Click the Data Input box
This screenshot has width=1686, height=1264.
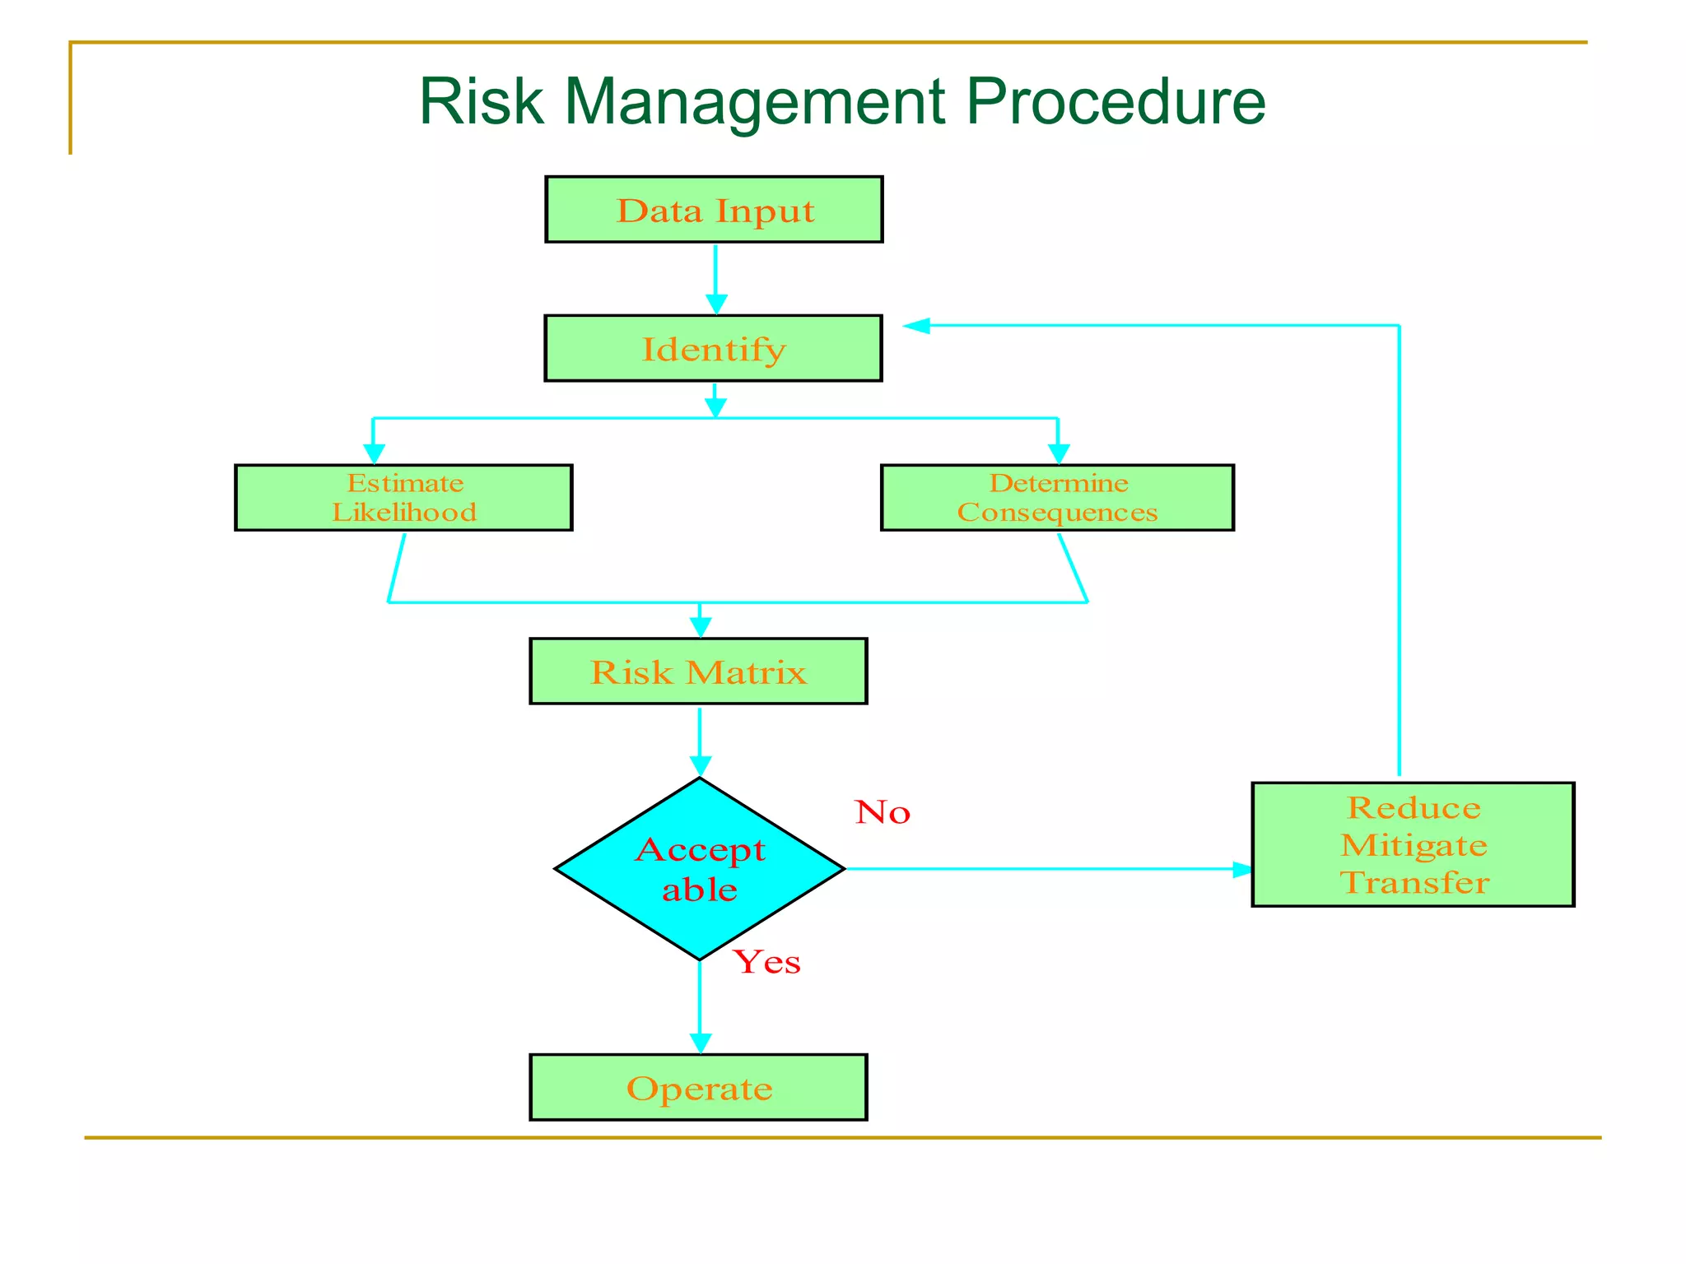point(714,209)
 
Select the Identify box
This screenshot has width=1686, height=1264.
point(713,348)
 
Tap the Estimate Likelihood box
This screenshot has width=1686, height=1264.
point(403,497)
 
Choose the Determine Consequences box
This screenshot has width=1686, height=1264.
point(1057,497)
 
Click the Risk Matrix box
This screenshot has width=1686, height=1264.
point(698,671)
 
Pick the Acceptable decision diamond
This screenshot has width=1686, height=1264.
point(700,868)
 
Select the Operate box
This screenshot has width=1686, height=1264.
point(698,1087)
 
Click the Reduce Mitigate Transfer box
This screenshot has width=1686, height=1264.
point(1413,844)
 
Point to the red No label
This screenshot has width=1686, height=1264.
point(883,812)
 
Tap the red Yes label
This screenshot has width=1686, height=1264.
point(767,962)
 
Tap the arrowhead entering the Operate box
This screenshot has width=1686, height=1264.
point(700,1043)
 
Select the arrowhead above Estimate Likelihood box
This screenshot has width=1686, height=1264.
point(374,453)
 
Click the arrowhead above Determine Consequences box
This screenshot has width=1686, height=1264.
point(1058,453)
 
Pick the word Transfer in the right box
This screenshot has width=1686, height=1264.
point(1414,883)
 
